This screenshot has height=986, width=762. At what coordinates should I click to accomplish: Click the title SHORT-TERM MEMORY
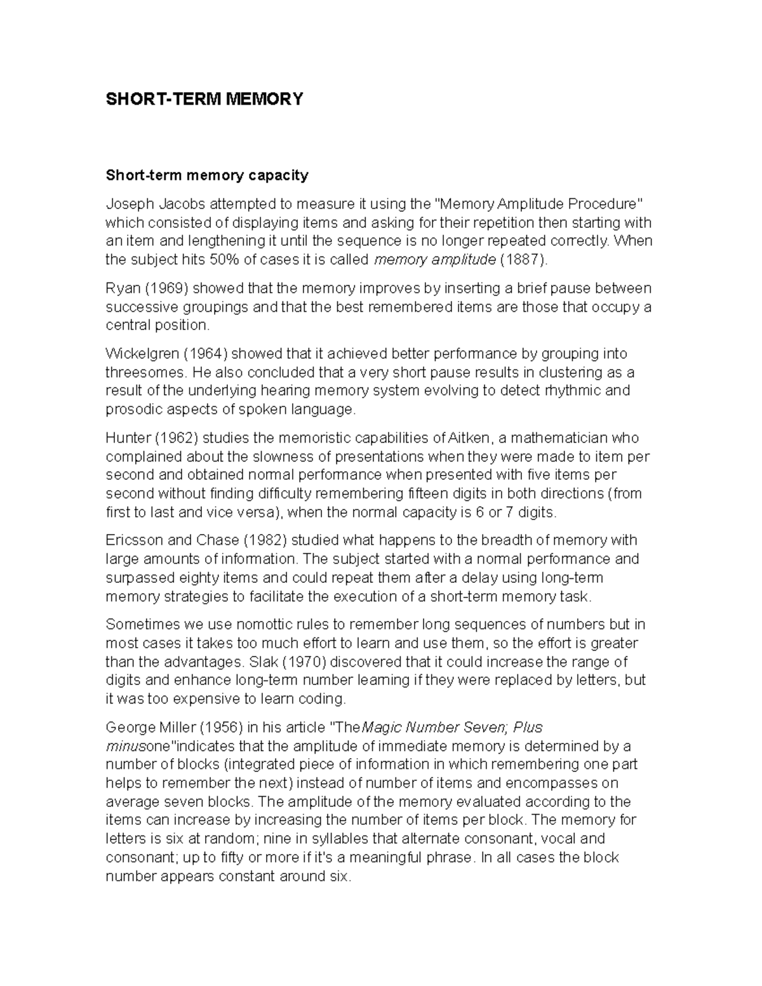pyautogui.click(x=204, y=99)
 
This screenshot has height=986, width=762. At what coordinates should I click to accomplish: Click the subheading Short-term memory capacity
pyautogui.click(x=206, y=175)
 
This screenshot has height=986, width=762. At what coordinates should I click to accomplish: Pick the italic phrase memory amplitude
pyautogui.click(x=435, y=259)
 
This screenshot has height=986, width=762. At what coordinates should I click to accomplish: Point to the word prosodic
pyautogui.click(x=130, y=410)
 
